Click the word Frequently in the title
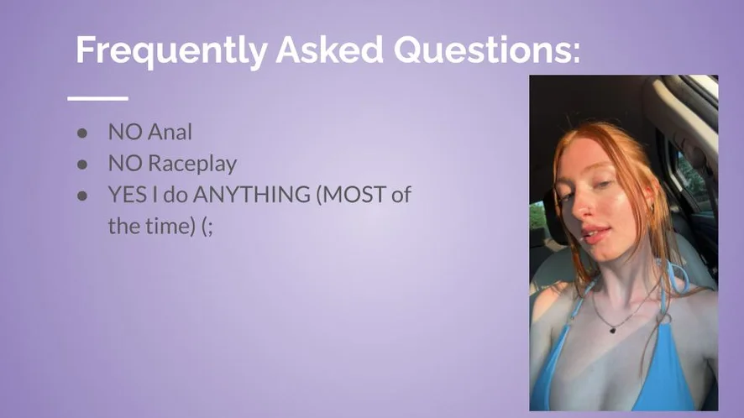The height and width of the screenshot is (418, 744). tap(171, 50)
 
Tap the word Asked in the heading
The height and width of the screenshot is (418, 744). tap(330, 50)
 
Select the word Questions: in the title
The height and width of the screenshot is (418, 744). tap(487, 50)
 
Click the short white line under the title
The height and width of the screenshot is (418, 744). tap(97, 98)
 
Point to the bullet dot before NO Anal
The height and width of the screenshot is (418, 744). tap(82, 133)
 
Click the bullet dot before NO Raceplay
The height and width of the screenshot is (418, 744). tap(82, 165)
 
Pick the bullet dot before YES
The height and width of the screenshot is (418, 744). tap(82, 196)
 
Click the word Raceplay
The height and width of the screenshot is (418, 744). tap(192, 165)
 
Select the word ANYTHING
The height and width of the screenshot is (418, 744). tap(251, 195)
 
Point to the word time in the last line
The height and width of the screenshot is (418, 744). tap(169, 226)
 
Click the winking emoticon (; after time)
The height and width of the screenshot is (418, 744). tap(207, 227)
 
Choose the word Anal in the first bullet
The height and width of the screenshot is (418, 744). tap(170, 133)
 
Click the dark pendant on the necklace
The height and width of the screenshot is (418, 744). tap(612, 329)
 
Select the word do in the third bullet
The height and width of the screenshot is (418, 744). tap(176, 195)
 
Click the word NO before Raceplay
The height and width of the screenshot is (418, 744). tap(125, 164)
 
